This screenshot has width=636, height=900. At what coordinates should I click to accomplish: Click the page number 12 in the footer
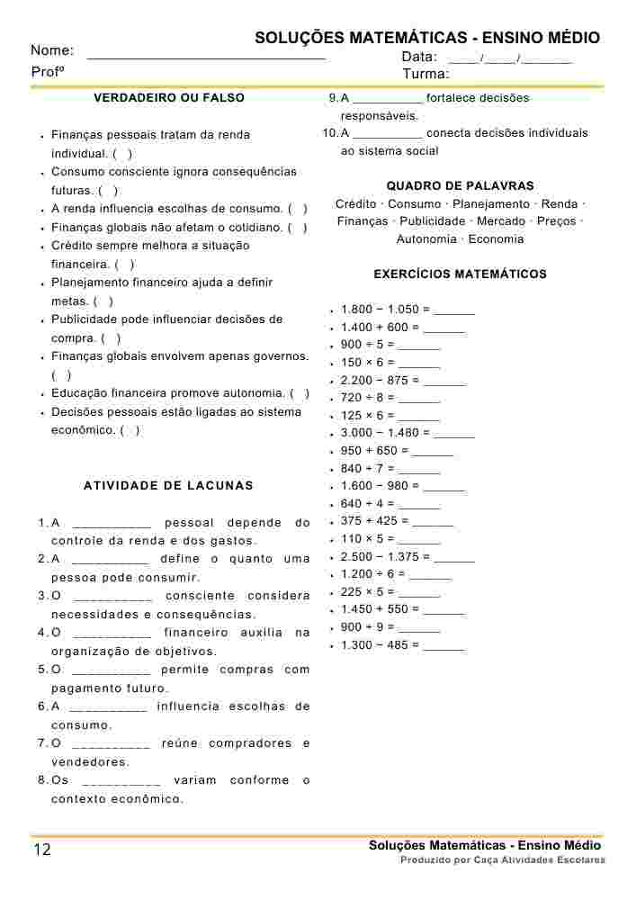coord(42,850)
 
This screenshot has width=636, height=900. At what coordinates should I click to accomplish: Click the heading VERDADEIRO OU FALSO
coord(169,97)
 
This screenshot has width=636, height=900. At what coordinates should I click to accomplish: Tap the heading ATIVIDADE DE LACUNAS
coord(168,486)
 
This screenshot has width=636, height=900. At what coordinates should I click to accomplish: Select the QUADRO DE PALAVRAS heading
coord(460,185)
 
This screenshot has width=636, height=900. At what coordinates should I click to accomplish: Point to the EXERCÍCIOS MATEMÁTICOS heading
coord(460,274)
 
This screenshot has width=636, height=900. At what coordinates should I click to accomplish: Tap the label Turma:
coord(425,74)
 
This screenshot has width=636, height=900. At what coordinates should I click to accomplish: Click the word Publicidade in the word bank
coord(433,221)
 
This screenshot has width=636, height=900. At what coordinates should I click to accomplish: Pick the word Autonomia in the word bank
coord(426,239)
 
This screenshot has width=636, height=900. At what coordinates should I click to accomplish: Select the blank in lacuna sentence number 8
coord(121,781)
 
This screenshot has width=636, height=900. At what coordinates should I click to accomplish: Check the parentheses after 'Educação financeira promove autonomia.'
coord(300,394)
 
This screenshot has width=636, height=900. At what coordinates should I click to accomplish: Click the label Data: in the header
coord(419,58)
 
